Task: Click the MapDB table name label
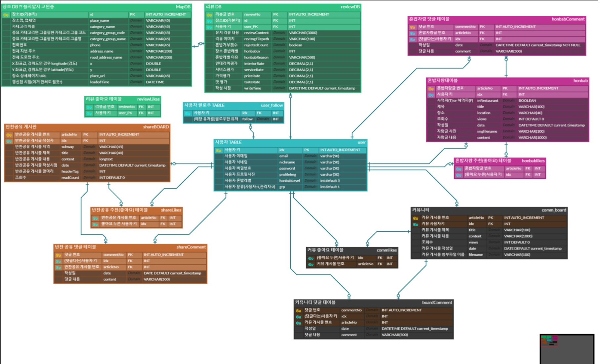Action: click(x=183, y=7)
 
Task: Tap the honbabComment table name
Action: click(x=568, y=19)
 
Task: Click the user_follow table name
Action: click(x=272, y=105)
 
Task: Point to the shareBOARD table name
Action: click(x=156, y=127)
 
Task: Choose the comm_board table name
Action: click(x=553, y=210)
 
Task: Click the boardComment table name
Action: click(x=437, y=302)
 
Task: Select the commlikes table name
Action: click(x=386, y=250)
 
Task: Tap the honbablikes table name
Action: click(x=533, y=161)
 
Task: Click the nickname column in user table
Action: click(x=287, y=162)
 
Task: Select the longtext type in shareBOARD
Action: click(x=106, y=159)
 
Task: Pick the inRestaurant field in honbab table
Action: click(x=487, y=101)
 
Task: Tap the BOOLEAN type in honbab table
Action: click(x=527, y=101)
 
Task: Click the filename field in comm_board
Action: click(x=475, y=254)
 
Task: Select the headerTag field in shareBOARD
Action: click(x=70, y=171)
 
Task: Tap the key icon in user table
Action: click(x=218, y=150)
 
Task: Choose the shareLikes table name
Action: click(x=171, y=210)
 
